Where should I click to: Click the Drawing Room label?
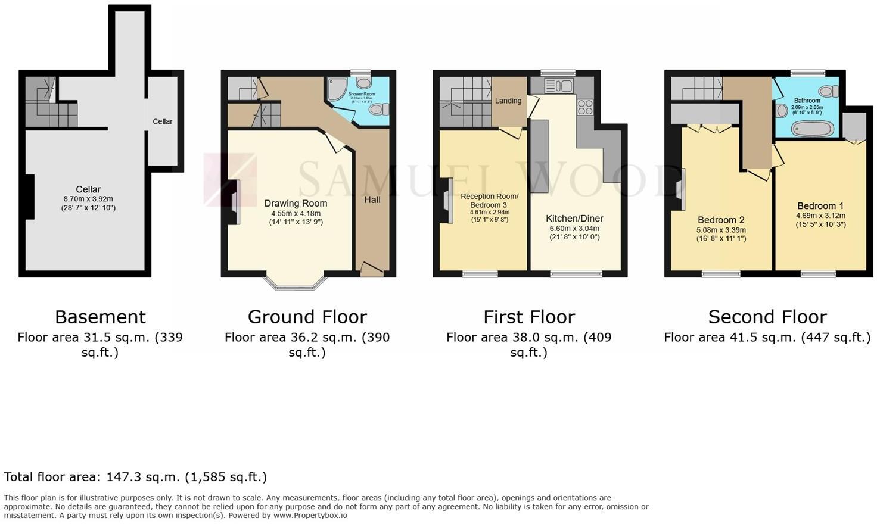click(296, 204)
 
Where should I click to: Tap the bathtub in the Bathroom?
click(813, 129)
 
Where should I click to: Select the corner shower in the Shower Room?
click(337, 89)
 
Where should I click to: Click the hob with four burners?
click(585, 107)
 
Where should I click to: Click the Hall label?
click(372, 200)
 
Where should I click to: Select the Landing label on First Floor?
click(508, 101)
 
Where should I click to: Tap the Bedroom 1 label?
click(820, 207)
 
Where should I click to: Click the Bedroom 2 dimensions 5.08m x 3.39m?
click(721, 230)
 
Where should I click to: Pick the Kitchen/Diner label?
click(574, 219)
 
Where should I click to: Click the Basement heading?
click(100, 317)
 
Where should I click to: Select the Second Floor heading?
click(767, 317)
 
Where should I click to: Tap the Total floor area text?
click(135, 477)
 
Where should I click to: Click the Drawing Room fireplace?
click(234, 202)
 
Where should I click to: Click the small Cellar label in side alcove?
click(163, 121)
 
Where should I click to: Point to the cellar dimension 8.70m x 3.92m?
click(88, 199)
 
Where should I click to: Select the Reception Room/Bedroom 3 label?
click(489, 200)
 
